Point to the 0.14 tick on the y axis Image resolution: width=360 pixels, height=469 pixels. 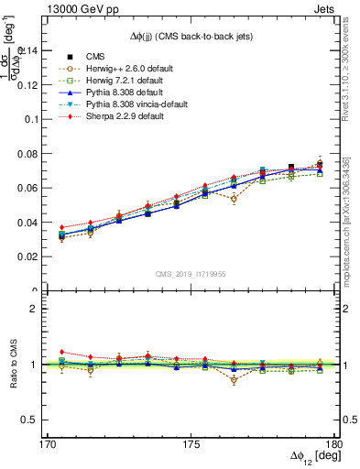(29, 50)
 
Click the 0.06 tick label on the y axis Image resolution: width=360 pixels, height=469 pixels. (29, 188)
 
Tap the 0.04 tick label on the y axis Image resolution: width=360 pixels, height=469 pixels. (29, 223)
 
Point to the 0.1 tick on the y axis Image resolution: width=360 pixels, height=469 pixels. (33, 119)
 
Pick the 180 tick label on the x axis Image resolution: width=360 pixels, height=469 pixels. (333, 443)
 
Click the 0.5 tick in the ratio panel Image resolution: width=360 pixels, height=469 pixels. (34, 420)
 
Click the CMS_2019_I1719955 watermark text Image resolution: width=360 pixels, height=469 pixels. (191, 273)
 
